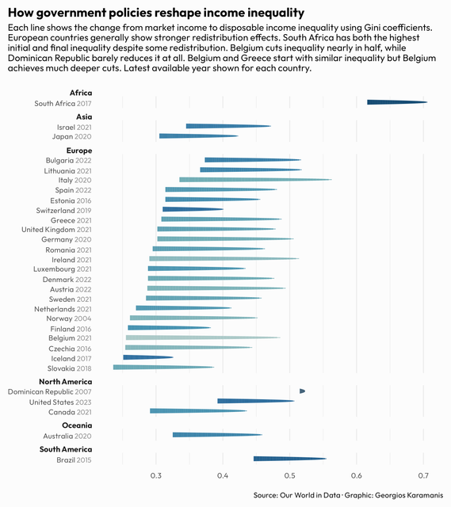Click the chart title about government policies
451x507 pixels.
click(156, 13)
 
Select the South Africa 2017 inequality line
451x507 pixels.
click(397, 102)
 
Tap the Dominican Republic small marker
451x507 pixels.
click(302, 391)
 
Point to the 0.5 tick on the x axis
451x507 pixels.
click(289, 475)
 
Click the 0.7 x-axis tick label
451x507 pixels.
click(423, 475)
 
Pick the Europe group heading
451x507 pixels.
click(79, 151)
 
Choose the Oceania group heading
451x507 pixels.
click(77, 425)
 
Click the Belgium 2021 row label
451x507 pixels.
click(70, 338)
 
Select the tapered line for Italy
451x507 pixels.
click(255, 180)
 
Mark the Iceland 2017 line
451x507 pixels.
click(148, 357)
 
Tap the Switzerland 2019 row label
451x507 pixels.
click(63, 211)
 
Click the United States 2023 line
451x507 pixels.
click(256, 401)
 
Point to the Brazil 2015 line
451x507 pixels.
click(290, 459)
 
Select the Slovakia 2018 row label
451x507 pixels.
click(70, 368)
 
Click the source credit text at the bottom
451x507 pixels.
click(348, 495)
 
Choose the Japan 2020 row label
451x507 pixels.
click(72, 137)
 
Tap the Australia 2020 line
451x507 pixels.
click(217, 435)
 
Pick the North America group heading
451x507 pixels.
click(66, 382)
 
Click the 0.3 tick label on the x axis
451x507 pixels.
click(156, 475)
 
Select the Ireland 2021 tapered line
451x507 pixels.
click(224, 258)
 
